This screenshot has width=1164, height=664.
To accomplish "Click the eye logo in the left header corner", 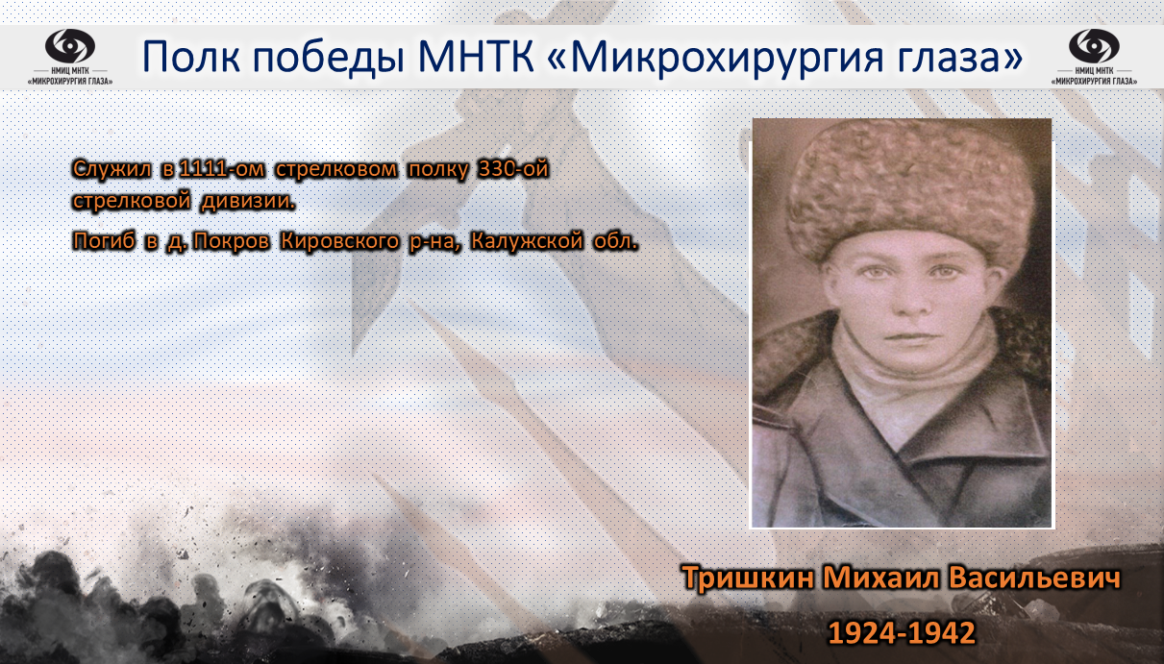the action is (70, 45).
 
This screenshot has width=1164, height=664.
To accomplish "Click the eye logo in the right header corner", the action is (1094, 45).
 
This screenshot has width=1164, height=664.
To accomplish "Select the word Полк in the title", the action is (191, 56).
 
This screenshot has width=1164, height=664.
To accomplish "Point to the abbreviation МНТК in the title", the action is (476, 56).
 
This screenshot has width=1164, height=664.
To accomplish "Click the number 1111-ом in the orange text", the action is (221, 169).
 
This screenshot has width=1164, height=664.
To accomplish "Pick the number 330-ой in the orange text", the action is (513, 169).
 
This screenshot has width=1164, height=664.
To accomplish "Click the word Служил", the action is (111, 169).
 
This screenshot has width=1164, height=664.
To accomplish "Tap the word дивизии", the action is (248, 201).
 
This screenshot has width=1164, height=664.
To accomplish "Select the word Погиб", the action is (104, 240).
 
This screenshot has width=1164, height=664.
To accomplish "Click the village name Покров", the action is (232, 241).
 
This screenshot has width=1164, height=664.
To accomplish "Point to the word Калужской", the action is (527, 241).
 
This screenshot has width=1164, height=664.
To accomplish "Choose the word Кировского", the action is (340, 241).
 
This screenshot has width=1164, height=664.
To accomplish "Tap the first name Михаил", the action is (880, 578).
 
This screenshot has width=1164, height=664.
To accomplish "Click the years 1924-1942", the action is (902, 633).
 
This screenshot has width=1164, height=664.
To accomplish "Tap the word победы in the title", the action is (329, 57).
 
